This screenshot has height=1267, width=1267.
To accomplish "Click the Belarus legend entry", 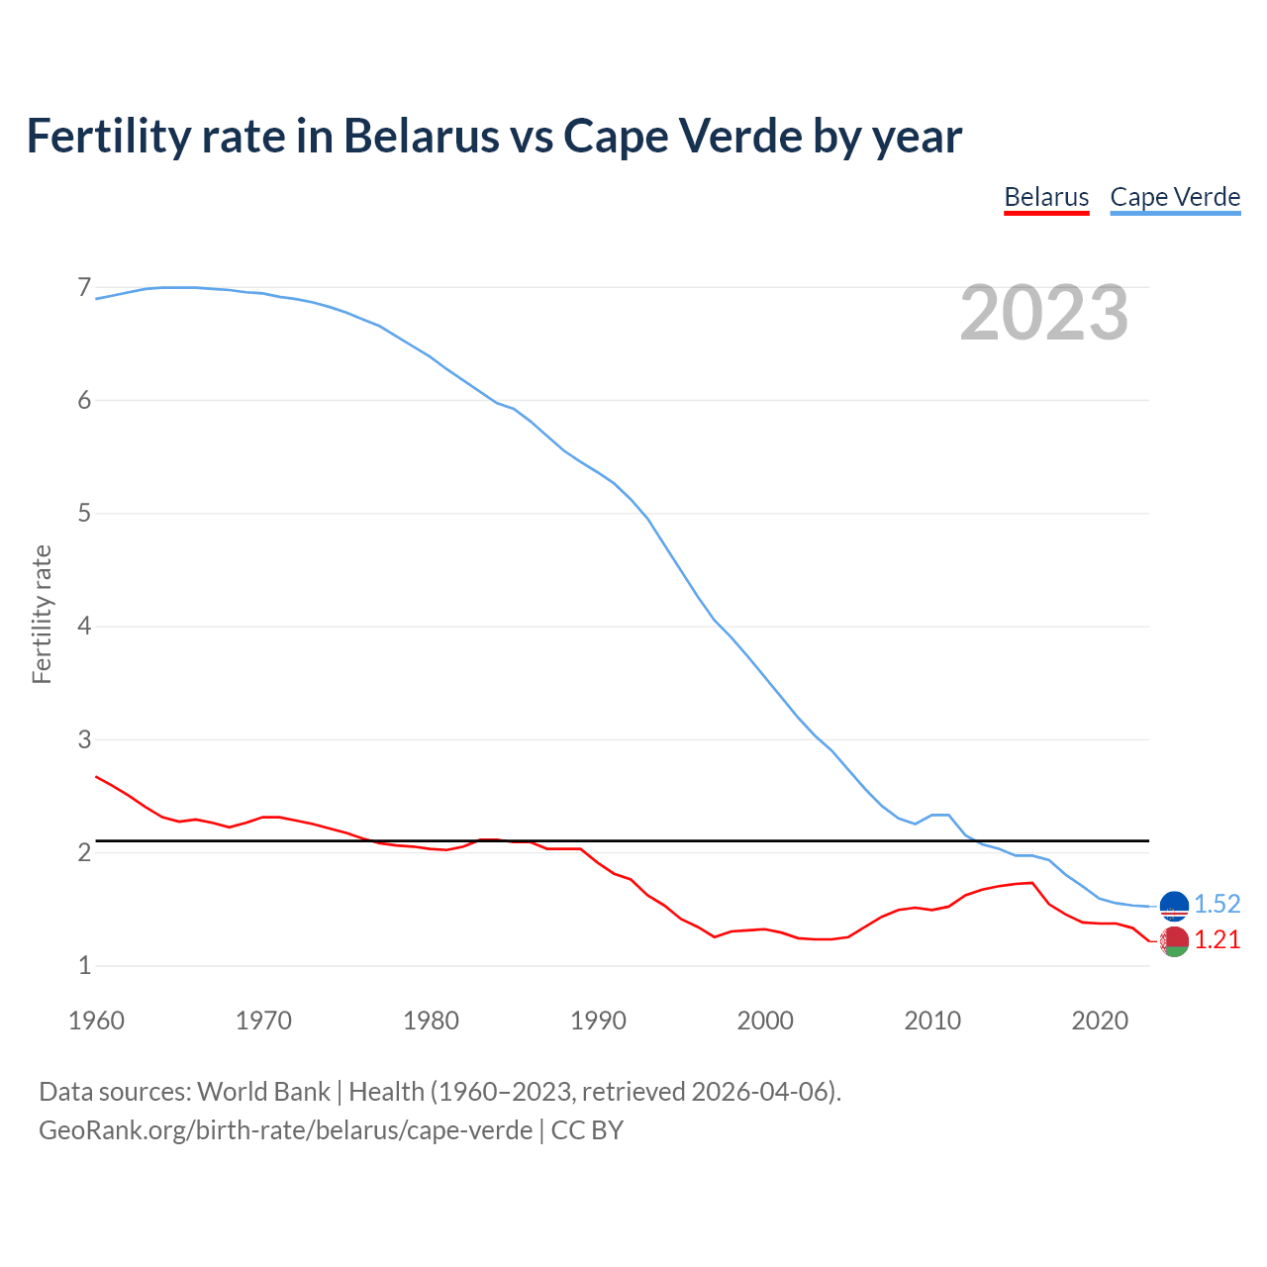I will point(1046,197).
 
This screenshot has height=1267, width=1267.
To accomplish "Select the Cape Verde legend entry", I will point(1175,197).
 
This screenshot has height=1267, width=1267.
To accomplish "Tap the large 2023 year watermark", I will point(1043,313).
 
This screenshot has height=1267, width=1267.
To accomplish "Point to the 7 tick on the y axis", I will point(84,288).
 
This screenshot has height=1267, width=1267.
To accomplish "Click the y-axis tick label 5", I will point(84,514).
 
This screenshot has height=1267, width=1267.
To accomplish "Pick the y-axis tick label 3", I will point(84,739).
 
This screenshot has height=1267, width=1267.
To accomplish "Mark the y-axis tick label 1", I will point(84,965).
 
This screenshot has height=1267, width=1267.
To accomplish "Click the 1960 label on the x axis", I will point(96,1021).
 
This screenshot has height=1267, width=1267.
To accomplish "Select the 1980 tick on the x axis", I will point(431,1021).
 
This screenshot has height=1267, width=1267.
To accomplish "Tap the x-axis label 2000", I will point(765,1021).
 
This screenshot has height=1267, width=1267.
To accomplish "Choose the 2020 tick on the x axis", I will point(1100,1021).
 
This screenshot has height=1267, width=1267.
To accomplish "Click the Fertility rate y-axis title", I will point(42,614).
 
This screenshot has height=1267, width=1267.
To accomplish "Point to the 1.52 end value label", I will point(1217,904).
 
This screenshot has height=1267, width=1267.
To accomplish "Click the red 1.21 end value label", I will point(1217,939).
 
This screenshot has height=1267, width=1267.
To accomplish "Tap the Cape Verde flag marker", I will point(1174,906).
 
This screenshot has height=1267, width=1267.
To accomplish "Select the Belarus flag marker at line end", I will point(1174,941).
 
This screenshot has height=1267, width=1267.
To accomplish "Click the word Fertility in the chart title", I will point(105,136).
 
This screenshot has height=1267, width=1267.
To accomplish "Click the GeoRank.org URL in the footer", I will point(285,1129).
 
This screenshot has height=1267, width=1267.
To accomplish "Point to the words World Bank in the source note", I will point(263,1091).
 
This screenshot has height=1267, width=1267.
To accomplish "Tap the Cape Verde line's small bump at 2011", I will point(941,815).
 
